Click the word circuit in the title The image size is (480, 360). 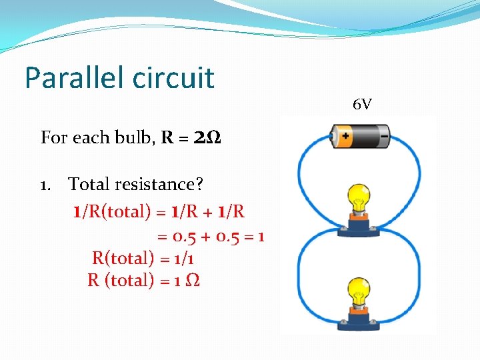click(x=173, y=77)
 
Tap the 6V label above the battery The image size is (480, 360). click(x=363, y=105)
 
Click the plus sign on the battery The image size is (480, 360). click(x=345, y=137)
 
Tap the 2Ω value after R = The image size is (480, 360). click(x=207, y=138)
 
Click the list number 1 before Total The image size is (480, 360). click(x=45, y=183)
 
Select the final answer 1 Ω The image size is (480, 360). click(x=186, y=281)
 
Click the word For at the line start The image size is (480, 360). click(x=54, y=138)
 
